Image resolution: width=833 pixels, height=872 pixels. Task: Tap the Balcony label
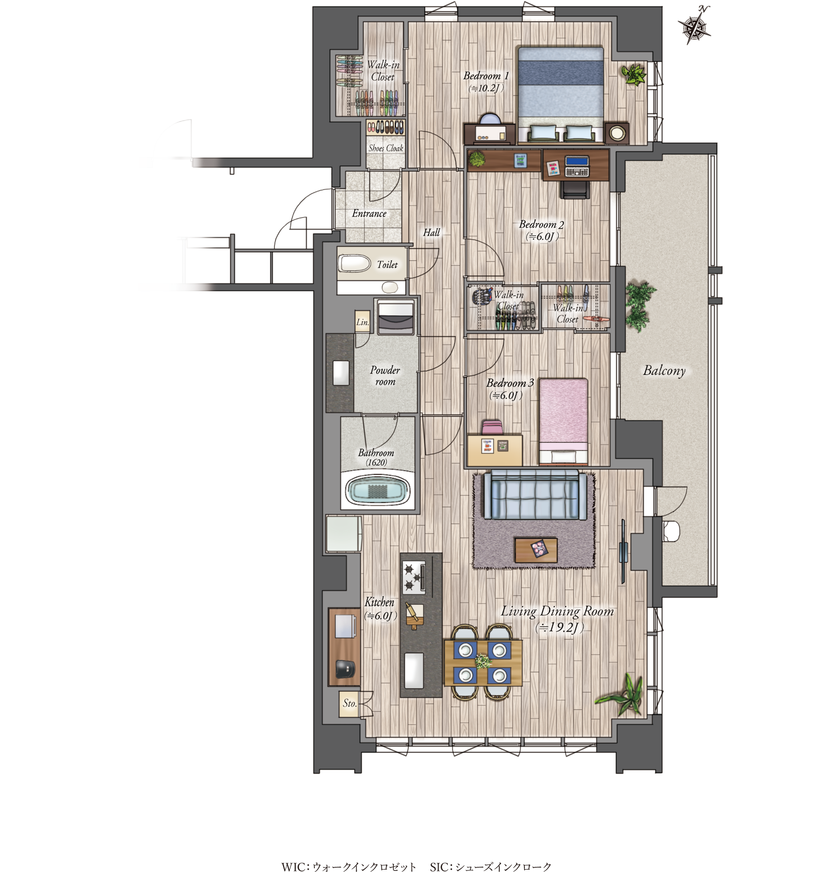664,371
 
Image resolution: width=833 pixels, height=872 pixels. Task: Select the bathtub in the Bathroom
378,490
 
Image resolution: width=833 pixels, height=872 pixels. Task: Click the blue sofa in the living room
535,495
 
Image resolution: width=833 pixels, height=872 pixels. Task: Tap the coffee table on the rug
536,550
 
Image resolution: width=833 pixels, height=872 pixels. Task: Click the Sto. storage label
350,703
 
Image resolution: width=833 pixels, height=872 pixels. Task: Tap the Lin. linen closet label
363,322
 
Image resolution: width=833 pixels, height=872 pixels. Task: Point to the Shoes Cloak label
386,148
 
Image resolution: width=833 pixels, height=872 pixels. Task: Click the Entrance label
369,213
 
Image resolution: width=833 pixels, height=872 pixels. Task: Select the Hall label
431,232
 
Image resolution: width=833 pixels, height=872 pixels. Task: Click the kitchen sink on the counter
414,670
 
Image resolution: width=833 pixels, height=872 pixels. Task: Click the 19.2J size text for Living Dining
560,628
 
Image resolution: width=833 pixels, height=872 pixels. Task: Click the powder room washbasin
341,372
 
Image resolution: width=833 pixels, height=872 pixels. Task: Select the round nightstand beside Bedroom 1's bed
617,133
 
